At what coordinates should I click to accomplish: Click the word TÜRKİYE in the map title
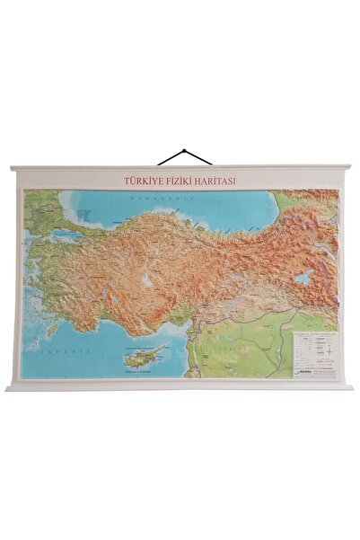click(x=143, y=180)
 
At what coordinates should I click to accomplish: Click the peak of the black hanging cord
click(x=185, y=150)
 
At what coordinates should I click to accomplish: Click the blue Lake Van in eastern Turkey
click(x=305, y=278)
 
